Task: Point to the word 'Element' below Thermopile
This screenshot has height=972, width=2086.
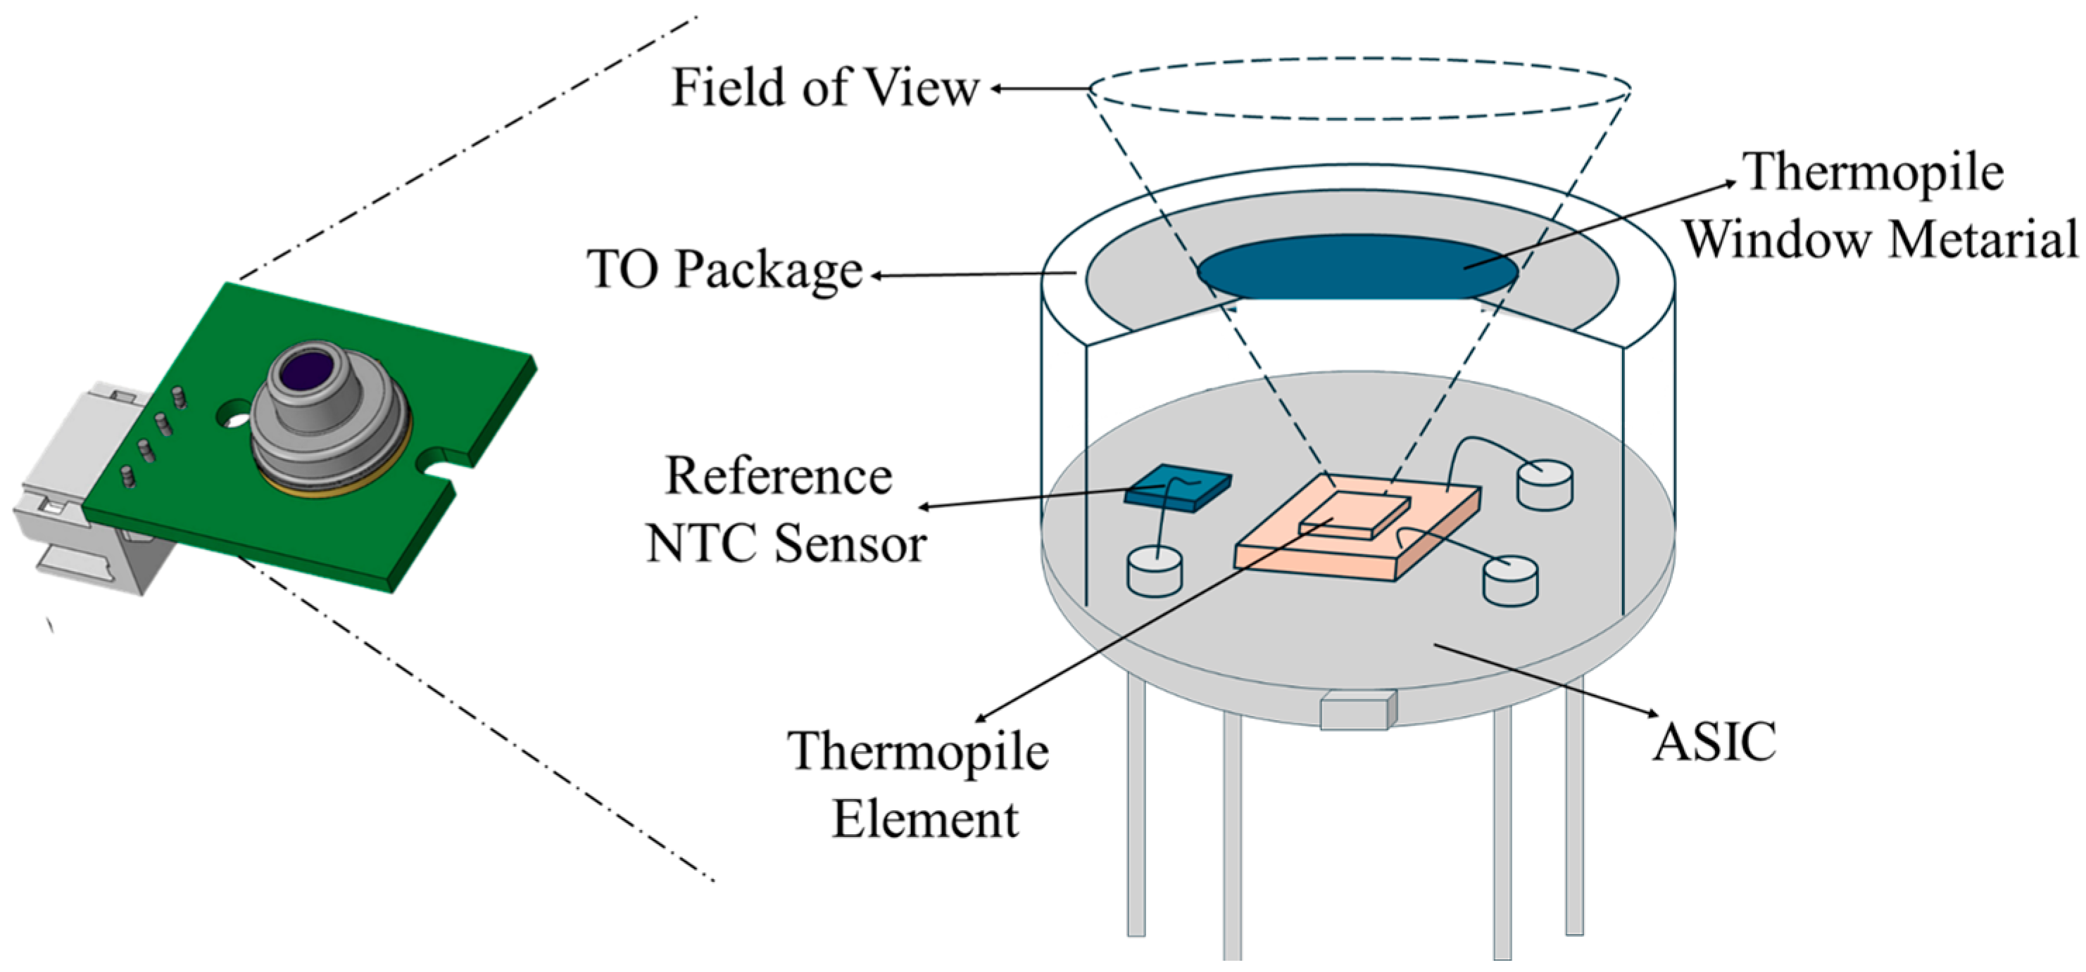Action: pos(925,819)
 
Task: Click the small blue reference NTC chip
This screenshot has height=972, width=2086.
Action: pos(1179,487)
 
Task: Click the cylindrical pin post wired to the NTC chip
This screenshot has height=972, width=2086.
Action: pos(1155,570)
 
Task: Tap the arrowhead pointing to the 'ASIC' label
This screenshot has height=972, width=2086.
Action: pos(1652,714)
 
